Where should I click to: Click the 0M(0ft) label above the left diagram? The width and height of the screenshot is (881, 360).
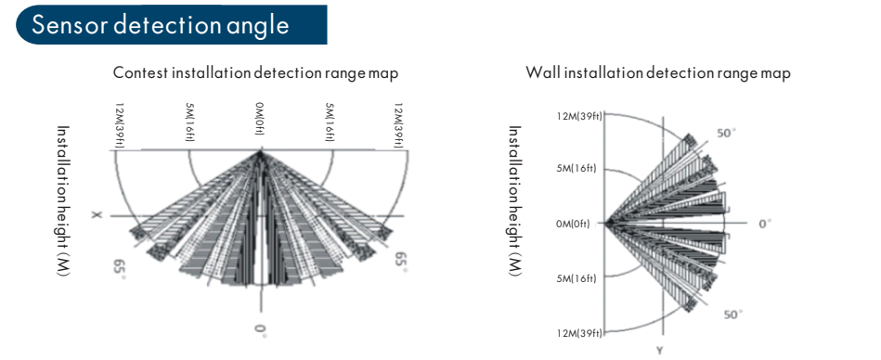pos(260,122)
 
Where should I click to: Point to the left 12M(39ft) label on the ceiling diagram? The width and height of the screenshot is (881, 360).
pos(119,125)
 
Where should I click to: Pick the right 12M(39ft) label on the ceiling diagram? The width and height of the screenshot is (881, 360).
pos(398,125)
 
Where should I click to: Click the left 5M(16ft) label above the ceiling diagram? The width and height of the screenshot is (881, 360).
pos(189,122)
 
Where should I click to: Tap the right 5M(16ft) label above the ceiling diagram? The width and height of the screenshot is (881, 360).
pos(330,122)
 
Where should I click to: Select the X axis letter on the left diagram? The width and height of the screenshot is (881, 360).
pos(97,214)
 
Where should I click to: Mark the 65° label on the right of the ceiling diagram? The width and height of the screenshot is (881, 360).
pos(401,261)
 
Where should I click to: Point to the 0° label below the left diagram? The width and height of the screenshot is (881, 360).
pos(260,330)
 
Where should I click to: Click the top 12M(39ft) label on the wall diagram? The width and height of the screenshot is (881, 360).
pos(580,116)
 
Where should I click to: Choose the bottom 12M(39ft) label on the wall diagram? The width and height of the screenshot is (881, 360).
pos(580,333)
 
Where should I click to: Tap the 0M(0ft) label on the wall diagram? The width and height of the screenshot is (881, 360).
pos(573,225)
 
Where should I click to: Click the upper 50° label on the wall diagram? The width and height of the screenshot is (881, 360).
pos(727,133)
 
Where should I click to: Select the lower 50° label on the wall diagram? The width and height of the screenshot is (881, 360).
pos(733,315)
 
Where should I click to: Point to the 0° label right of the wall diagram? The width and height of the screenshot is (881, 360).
pos(765,224)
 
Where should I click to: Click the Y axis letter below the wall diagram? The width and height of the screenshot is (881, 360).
pos(660,351)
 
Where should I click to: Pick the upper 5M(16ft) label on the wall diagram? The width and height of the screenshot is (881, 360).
pos(577,168)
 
